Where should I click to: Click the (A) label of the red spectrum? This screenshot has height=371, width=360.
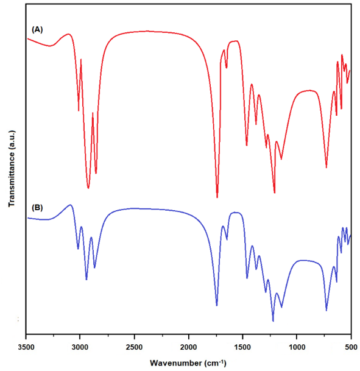coord(37,30)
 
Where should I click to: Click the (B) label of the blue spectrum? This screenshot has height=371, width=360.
coord(37,208)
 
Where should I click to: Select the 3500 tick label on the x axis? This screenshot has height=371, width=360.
coord(26,347)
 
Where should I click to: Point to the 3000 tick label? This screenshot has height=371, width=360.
coord(80,347)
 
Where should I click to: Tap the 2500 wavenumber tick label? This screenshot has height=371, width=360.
coord(135,347)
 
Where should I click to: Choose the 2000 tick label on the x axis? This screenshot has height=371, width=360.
coord(188,347)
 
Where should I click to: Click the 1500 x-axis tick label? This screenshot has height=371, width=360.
coord(242,347)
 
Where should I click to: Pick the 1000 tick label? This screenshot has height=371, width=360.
coord(297,347)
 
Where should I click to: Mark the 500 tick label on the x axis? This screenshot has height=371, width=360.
coord(351,347)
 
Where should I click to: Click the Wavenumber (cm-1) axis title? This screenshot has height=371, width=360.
coord(188,362)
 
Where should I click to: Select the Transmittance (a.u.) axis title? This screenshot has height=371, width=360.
coord(12,169)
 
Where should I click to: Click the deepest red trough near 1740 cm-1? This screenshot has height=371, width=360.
coord(217,197)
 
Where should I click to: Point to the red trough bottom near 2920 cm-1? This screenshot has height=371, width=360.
coord(88,188)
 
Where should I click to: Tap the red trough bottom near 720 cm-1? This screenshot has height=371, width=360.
coord(326,168)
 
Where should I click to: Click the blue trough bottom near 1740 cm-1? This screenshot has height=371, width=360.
coord(217,305)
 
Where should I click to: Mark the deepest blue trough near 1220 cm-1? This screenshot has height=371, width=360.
coord(273,321)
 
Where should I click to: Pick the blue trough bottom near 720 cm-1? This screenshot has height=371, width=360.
coord(326,311)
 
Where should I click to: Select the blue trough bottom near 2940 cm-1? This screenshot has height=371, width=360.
coord(86,280)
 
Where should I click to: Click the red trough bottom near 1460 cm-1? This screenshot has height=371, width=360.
coord(247,145)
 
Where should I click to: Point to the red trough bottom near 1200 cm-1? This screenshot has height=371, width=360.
coord(275,193)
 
